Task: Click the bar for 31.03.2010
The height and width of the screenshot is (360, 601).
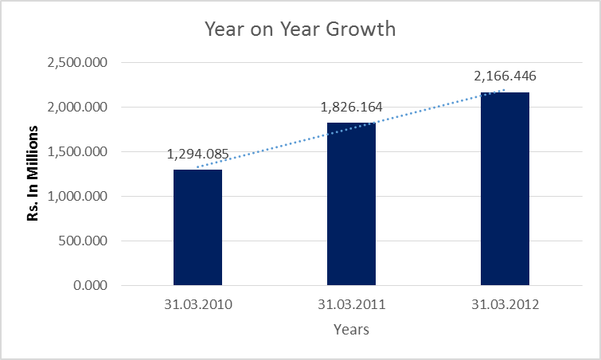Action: click(x=197, y=227)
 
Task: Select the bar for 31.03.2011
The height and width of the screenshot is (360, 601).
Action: click(x=351, y=204)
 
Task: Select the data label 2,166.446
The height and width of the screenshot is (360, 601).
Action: click(x=505, y=76)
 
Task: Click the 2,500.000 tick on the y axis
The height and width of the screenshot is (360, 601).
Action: click(x=79, y=63)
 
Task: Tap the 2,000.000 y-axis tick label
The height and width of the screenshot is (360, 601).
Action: click(x=79, y=108)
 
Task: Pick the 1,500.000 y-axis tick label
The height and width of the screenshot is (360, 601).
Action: click(x=79, y=152)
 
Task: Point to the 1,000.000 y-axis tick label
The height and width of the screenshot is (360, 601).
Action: click(x=79, y=197)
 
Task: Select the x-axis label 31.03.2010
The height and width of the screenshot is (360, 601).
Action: click(x=197, y=303)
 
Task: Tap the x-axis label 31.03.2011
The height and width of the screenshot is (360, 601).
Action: click(x=351, y=303)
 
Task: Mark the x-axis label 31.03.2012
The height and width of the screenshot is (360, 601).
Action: click(x=505, y=303)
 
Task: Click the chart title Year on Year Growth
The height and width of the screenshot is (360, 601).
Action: click(x=300, y=30)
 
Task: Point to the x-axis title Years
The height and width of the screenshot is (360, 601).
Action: click(x=351, y=328)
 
